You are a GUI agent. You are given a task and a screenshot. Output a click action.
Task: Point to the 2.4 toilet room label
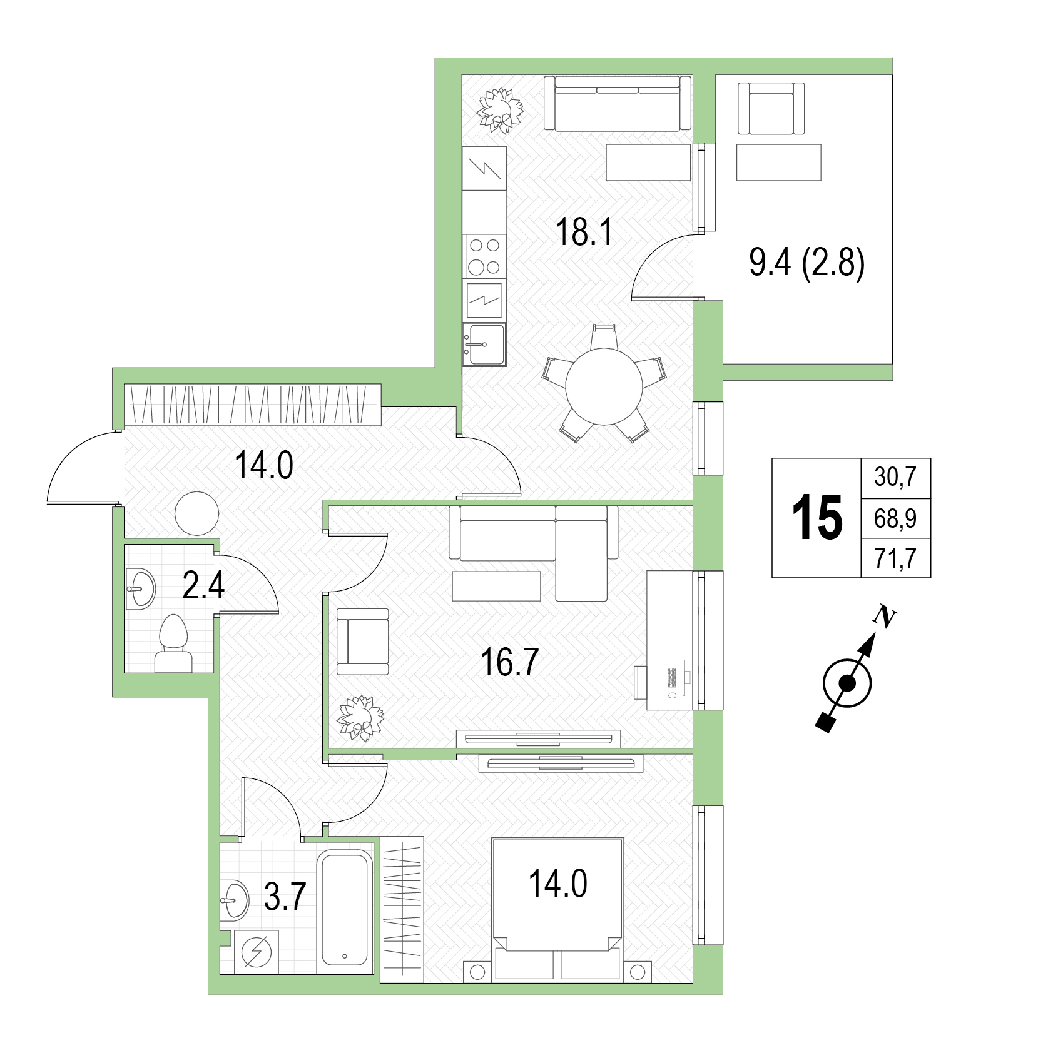[x=203, y=587]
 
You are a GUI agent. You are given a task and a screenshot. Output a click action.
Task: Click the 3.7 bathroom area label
[x=284, y=899]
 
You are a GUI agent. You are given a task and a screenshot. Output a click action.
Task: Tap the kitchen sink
[x=484, y=345]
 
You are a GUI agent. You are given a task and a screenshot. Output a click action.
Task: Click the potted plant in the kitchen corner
[x=499, y=111]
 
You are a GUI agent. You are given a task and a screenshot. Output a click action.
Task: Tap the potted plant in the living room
[x=361, y=718]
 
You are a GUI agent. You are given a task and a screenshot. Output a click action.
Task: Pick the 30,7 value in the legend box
[x=895, y=478]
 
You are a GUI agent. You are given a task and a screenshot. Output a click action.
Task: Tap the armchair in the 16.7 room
[x=363, y=642]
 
